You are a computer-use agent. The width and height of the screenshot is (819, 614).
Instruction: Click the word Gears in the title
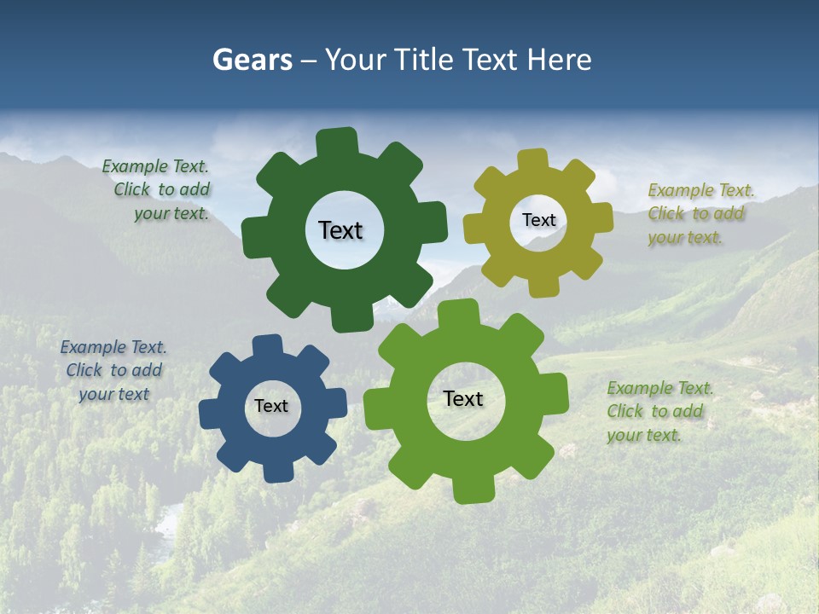point(252,61)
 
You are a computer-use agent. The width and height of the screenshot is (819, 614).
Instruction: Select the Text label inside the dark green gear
point(340,230)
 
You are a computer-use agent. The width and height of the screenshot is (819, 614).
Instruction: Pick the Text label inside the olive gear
point(538,220)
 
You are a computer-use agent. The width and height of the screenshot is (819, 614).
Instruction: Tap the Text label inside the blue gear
point(271,406)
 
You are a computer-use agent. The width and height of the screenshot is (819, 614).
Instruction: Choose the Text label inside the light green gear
point(463,398)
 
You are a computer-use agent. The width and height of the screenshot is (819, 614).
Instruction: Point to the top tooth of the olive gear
point(532,159)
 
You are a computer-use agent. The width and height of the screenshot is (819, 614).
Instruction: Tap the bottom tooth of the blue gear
point(277,472)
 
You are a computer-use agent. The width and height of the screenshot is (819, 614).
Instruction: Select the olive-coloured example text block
point(700,214)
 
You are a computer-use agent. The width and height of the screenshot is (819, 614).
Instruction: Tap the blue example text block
point(113,371)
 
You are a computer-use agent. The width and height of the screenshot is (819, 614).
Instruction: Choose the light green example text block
point(659,411)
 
